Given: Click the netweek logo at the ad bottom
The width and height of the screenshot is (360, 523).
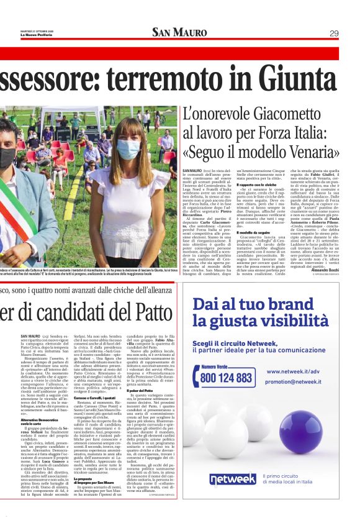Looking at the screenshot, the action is [x=232, y=478].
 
